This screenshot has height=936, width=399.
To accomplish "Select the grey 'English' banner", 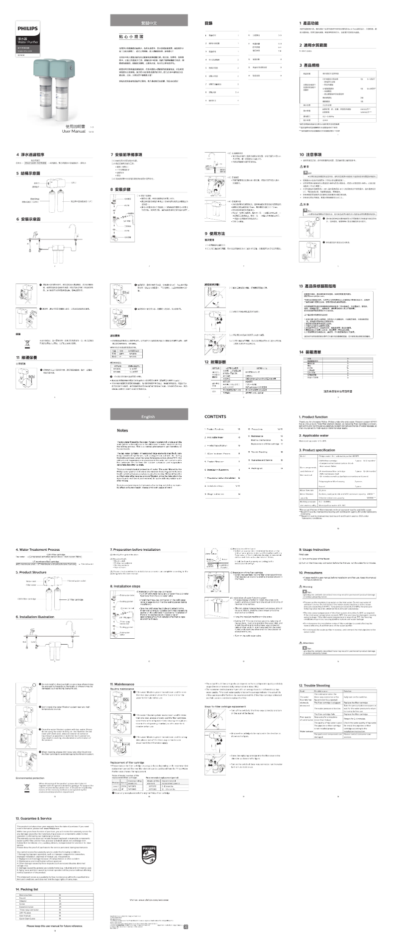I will (148, 417).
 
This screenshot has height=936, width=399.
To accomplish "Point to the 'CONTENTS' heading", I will (215, 417).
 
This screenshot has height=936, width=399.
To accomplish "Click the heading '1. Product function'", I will (313, 417).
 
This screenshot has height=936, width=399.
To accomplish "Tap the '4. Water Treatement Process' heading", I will (38, 549).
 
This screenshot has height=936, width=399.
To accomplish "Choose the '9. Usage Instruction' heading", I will (314, 549).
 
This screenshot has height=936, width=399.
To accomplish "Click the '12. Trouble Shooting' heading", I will (314, 685).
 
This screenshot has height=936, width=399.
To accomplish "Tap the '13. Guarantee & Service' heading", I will (34, 818).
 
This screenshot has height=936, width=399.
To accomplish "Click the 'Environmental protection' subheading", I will (30, 778).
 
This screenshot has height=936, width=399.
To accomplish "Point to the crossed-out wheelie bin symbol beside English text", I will (26, 787).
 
